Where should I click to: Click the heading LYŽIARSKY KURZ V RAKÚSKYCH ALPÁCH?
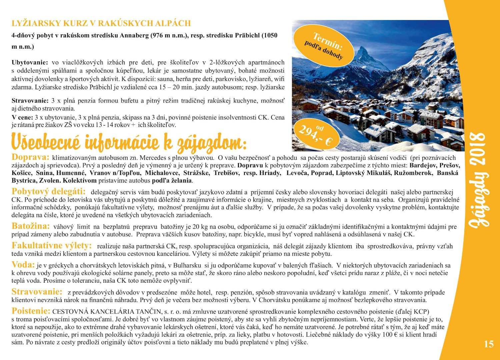(x=101, y=23)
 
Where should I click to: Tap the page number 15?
(x=489, y=344)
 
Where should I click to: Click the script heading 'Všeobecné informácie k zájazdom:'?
(x=129, y=142)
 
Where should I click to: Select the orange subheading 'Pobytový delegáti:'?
(x=49, y=192)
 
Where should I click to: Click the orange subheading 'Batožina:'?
(x=31, y=226)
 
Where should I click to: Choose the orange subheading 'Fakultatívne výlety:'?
(x=52, y=246)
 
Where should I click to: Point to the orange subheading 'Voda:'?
(x=23, y=265)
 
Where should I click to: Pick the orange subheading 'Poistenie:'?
(x=31, y=311)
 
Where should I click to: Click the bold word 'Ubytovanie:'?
(x=30, y=62)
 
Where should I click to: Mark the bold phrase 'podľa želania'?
(x=172, y=181)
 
